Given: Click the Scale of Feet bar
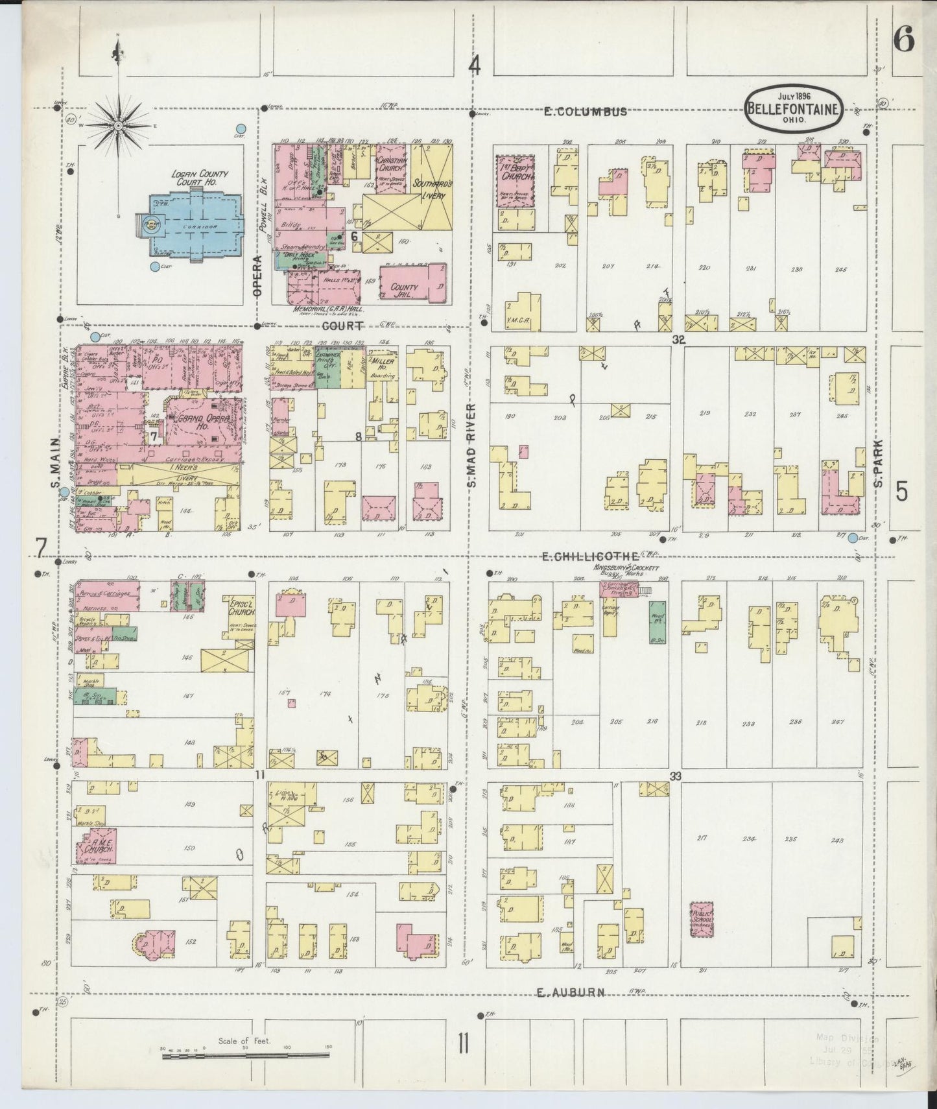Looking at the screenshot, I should [x=246, y=1056].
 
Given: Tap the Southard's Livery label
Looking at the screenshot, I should [x=431, y=184].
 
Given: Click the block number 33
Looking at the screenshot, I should [x=676, y=776].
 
